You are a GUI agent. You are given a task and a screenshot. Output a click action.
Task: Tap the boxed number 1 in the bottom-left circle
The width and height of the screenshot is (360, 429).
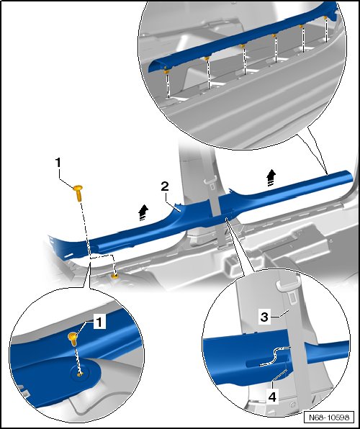99,321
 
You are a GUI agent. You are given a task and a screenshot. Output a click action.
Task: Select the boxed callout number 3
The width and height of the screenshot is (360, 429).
264,317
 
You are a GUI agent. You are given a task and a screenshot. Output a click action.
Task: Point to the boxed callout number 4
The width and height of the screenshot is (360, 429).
272,397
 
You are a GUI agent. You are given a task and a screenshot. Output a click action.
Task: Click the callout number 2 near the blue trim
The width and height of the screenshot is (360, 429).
165,186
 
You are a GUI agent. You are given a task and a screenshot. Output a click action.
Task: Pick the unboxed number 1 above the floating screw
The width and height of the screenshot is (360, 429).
58,163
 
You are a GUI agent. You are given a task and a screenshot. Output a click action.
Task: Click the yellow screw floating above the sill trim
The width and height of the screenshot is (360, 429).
78,193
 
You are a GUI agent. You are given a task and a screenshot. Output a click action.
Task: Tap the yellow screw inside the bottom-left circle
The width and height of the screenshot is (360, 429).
73,339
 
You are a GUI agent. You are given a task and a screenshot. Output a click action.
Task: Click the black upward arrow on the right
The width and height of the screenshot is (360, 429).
271,178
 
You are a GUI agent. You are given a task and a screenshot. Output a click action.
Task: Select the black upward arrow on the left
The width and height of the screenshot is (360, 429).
143,213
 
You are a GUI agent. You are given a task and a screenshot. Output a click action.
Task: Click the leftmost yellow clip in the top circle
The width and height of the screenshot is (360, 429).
166,71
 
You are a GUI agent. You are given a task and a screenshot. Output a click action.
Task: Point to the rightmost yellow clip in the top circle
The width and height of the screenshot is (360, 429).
325,18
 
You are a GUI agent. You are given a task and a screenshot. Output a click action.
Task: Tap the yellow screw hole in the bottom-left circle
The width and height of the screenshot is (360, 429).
80,374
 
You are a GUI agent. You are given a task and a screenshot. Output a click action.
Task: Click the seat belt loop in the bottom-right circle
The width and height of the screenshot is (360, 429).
288,285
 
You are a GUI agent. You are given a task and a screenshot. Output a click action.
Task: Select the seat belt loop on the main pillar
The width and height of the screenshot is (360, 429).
211,179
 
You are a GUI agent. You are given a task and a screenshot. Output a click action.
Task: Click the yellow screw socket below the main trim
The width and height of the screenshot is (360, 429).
115,276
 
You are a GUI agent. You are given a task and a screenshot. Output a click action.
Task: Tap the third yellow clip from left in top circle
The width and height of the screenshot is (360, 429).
243,45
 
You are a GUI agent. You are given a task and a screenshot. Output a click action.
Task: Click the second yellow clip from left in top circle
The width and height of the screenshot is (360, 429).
207,58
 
